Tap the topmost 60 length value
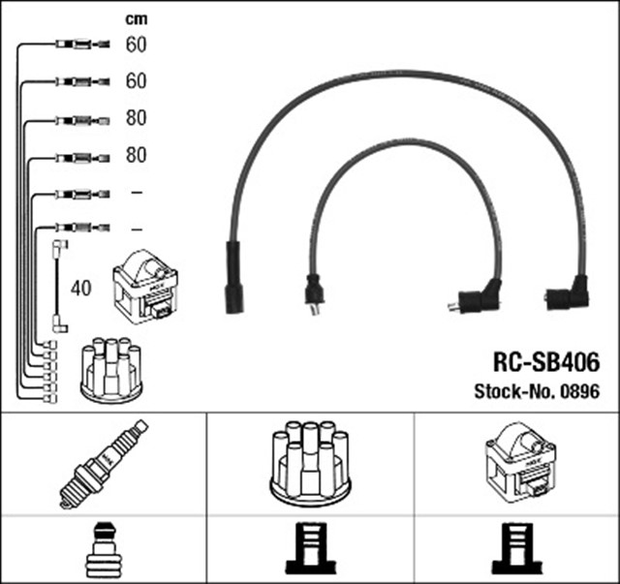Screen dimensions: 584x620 click(x=136, y=45)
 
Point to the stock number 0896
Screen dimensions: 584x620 click(x=579, y=392)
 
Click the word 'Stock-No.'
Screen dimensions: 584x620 click(x=514, y=392)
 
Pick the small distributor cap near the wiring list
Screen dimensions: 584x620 click(x=110, y=369)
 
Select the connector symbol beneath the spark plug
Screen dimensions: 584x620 click(x=103, y=551)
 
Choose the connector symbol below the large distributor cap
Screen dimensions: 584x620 click(x=309, y=551)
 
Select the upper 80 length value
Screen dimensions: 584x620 click(x=136, y=119)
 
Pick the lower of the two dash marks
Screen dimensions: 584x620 click(x=136, y=229)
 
